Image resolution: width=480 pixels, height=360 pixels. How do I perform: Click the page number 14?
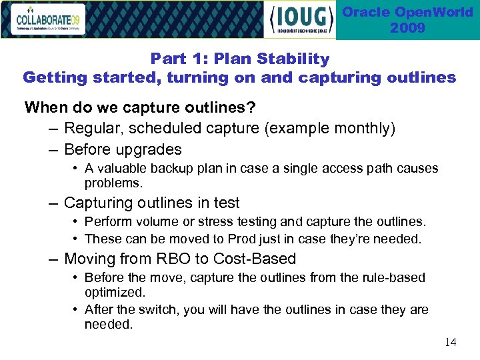point(451,342)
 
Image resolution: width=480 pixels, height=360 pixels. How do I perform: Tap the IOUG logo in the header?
point(301,19)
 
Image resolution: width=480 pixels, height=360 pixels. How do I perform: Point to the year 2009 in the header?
point(407,28)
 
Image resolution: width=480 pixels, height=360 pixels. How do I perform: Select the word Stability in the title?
point(295,59)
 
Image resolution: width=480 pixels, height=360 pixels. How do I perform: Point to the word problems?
point(113,183)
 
